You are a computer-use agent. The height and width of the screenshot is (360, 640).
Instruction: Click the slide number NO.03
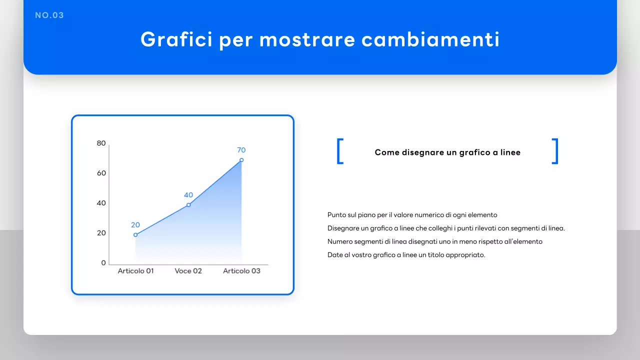click(x=49, y=15)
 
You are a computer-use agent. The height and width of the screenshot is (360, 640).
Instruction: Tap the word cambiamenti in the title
click(x=430, y=39)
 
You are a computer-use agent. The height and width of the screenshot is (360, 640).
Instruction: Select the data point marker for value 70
click(x=241, y=160)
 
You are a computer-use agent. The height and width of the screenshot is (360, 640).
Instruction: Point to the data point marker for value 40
click(x=188, y=204)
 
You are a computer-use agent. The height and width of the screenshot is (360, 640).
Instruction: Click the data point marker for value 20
click(x=135, y=234)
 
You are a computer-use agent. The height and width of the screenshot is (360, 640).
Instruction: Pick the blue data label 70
click(x=241, y=150)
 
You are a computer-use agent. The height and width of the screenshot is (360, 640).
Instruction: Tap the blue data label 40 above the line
click(x=188, y=195)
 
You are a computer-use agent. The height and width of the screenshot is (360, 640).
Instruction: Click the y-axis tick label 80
click(x=101, y=143)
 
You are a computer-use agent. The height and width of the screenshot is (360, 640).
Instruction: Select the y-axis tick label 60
click(x=101, y=173)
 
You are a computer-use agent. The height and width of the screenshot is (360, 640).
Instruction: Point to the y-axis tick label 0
click(x=103, y=263)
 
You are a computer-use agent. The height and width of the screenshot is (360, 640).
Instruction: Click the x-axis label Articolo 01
click(x=135, y=271)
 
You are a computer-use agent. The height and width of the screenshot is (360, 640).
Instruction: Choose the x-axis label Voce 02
click(x=188, y=271)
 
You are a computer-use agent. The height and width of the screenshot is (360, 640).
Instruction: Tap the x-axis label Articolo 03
click(x=241, y=271)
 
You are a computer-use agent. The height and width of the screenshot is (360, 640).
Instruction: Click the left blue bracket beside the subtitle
click(x=340, y=151)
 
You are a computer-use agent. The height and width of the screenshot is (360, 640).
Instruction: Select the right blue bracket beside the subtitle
click(x=555, y=151)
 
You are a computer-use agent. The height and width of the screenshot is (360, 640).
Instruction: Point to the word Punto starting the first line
click(x=337, y=215)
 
